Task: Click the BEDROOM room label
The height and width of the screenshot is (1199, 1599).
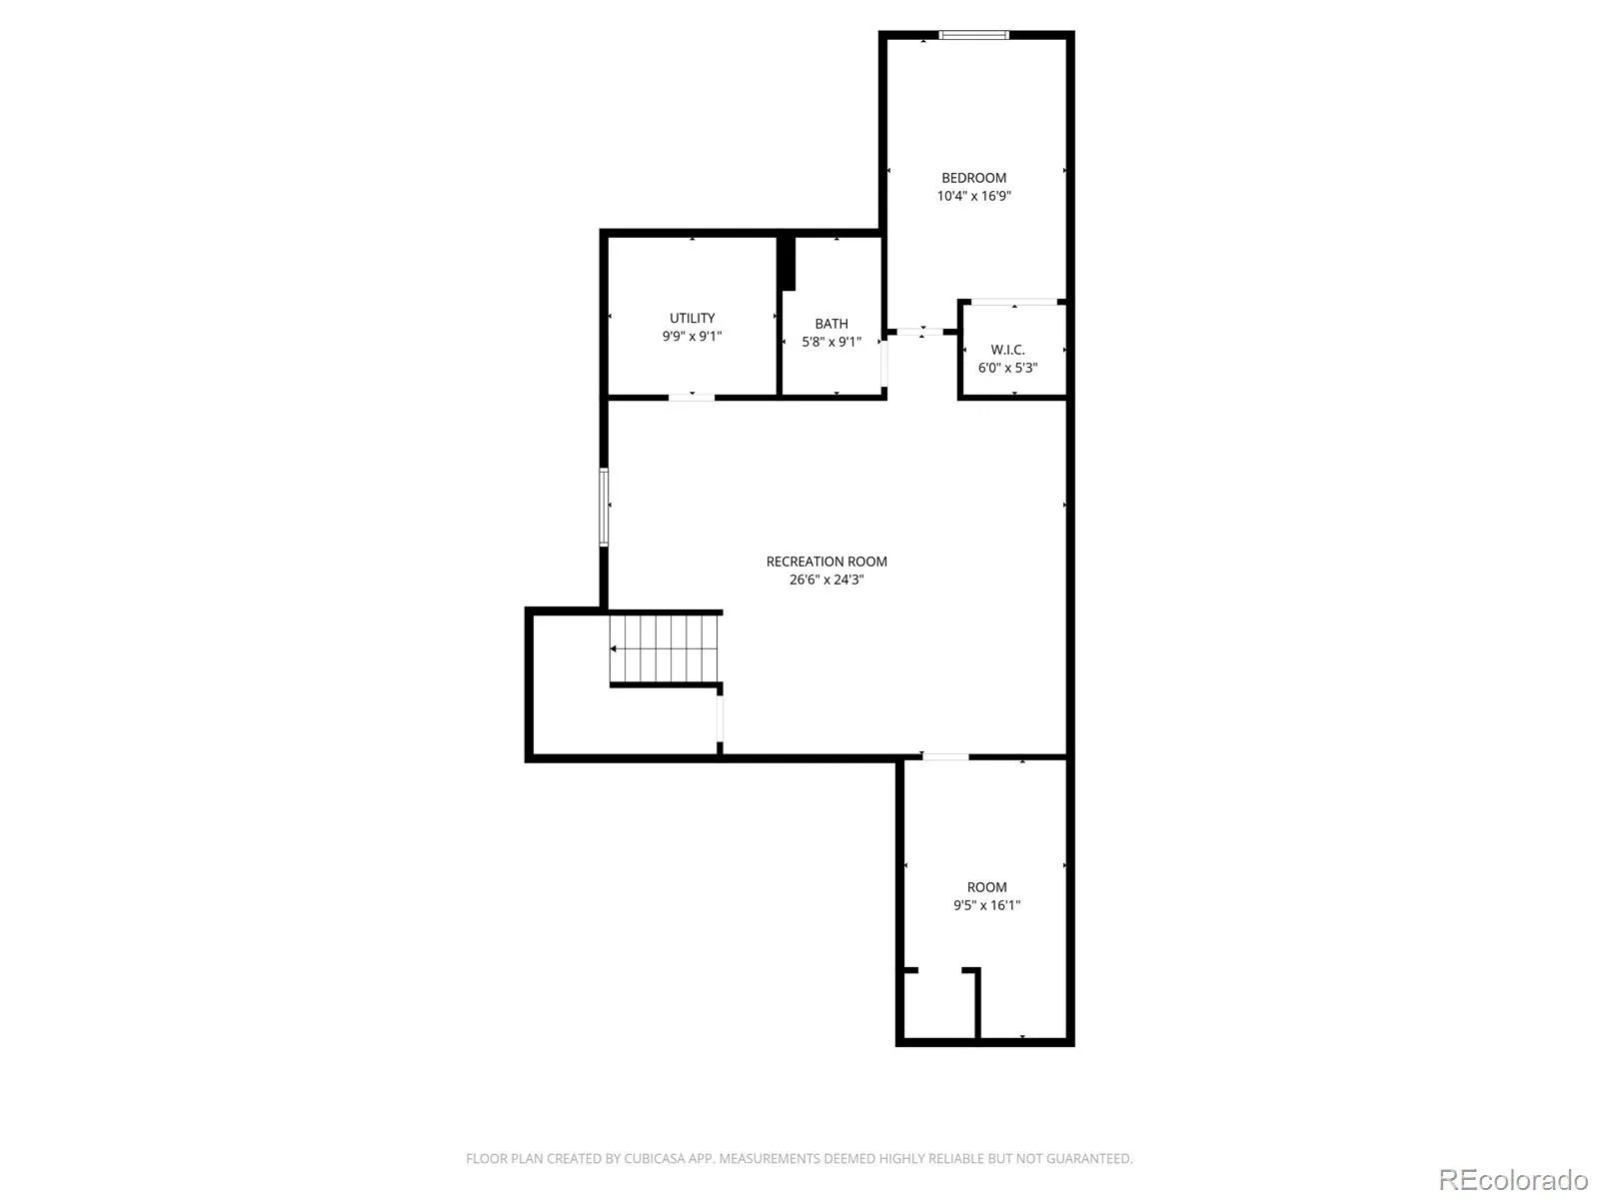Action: tap(973, 178)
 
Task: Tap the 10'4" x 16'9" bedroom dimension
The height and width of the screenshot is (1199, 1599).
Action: tap(973, 196)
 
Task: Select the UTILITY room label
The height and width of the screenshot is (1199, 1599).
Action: tap(692, 318)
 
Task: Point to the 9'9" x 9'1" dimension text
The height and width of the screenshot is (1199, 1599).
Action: tap(692, 337)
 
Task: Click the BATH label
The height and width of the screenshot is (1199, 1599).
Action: tap(831, 324)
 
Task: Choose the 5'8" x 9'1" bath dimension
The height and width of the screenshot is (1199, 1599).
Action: tap(831, 342)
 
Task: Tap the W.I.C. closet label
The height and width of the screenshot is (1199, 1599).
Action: tap(1007, 350)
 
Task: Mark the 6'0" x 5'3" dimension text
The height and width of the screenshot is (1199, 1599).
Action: tap(1007, 369)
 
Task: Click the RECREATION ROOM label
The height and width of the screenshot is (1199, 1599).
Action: tap(826, 562)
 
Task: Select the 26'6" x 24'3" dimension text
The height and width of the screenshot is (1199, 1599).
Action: tap(826, 581)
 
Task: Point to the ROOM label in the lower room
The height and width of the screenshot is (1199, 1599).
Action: tap(986, 887)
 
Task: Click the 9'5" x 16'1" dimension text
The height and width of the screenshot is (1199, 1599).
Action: tap(986, 905)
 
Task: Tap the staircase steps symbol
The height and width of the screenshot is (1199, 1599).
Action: tap(664, 647)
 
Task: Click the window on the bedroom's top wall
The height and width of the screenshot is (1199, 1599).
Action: tap(973, 34)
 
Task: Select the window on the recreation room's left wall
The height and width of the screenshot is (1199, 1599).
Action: tap(604, 507)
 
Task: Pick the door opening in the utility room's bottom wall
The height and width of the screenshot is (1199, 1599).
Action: tap(692, 398)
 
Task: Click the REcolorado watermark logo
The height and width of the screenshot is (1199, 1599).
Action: tap(1513, 1178)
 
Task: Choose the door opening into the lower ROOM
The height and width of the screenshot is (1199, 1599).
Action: tap(944, 757)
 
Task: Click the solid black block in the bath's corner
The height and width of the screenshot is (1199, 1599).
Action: tap(787, 263)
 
